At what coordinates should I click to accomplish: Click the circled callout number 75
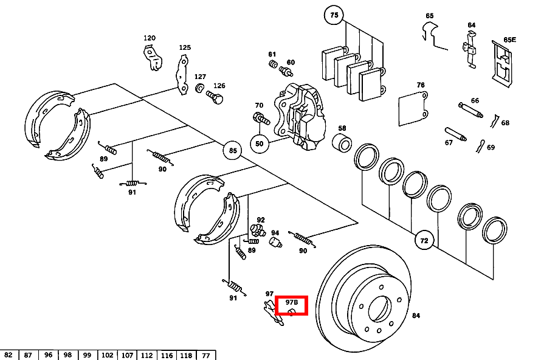[333, 15]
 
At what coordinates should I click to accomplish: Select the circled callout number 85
[232, 150]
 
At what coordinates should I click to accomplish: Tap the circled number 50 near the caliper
[260, 144]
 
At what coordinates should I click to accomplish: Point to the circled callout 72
[424, 241]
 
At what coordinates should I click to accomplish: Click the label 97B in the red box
[292, 302]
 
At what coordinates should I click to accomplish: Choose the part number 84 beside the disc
[416, 316]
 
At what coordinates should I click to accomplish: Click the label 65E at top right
[509, 40]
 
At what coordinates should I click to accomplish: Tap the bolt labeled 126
[215, 96]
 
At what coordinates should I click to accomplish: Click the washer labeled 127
[199, 89]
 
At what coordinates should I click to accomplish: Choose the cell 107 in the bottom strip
[127, 355]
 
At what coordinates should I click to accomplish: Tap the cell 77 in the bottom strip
[205, 355]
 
